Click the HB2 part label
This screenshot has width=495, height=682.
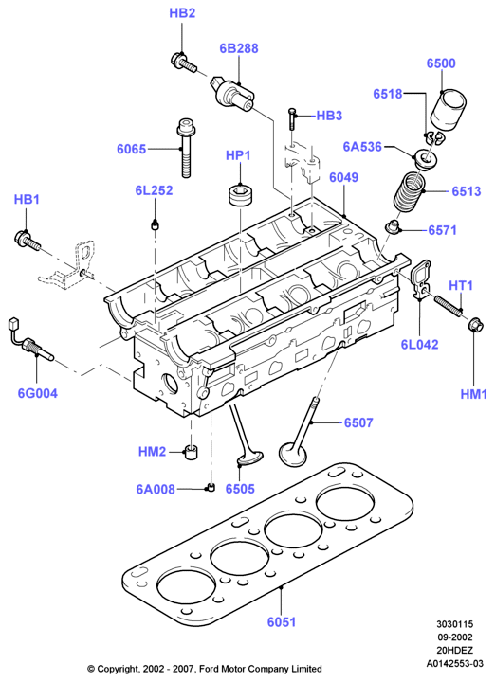(x=182, y=13)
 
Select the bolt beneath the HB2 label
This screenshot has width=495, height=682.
(x=183, y=63)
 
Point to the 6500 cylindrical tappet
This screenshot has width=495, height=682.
(x=449, y=110)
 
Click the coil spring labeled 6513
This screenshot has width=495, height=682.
(x=409, y=191)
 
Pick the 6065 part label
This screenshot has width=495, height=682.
(x=131, y=150)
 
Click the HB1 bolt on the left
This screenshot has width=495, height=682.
(x=27, y=240)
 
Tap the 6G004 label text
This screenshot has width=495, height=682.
(x=37, y=393)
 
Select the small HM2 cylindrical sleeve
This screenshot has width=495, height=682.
(x=191, y=453)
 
